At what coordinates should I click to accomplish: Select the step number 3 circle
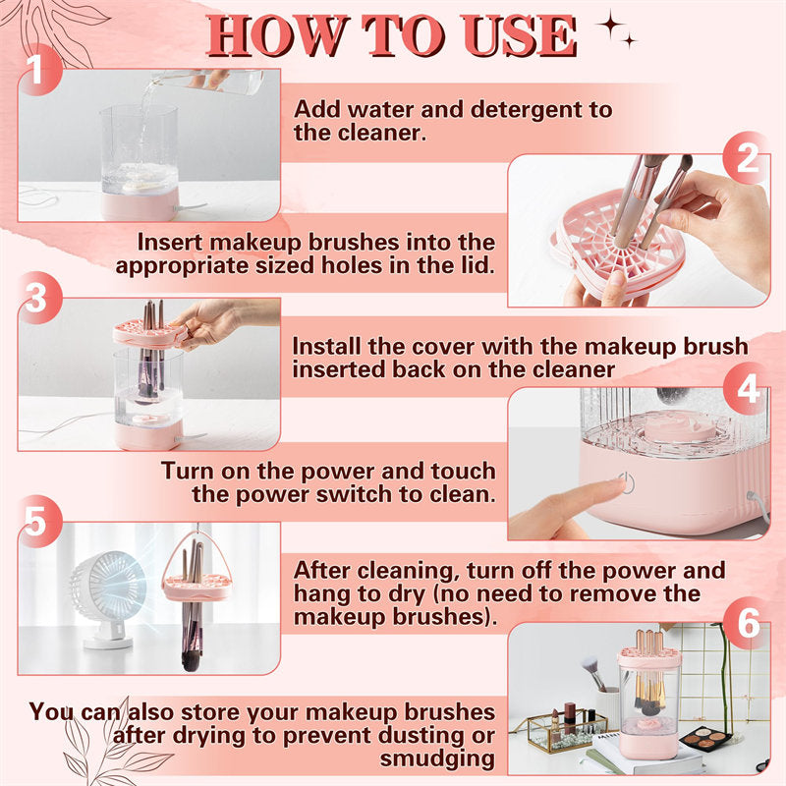(35, 301)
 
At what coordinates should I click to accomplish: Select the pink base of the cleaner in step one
(140, 204)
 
